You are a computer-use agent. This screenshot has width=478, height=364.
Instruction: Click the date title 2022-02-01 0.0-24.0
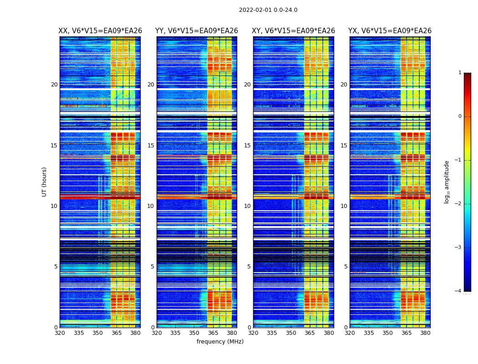[268, 10]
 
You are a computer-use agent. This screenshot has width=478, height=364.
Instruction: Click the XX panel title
[100, 31]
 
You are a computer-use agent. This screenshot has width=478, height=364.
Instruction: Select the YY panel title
[197, 31]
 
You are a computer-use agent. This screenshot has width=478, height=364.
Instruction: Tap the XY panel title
[294, 31]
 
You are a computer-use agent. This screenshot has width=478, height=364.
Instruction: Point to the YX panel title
[390, 31]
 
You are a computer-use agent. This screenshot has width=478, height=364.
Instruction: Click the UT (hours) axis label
[45, 182]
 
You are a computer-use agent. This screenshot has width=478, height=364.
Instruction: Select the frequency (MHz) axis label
[220, 342]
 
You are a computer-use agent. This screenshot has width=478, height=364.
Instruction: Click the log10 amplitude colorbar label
[447, 182]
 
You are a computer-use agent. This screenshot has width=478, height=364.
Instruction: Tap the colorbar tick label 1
[460, 73]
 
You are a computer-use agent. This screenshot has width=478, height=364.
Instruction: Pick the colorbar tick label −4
[458, 291]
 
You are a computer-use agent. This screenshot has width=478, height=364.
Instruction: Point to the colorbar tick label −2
[458, 204]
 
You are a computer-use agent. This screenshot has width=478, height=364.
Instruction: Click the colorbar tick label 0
[460, 116]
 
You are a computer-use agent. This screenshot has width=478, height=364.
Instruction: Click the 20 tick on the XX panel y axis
[54, 85]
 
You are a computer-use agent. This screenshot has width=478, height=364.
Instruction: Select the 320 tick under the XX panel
[60, 333]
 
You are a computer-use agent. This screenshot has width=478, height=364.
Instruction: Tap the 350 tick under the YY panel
[194, 333]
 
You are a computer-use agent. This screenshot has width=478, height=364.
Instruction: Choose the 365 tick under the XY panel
[310, 333]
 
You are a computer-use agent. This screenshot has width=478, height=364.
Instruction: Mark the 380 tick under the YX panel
[425, 333]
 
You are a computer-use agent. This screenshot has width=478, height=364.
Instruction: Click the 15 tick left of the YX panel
[344, 146]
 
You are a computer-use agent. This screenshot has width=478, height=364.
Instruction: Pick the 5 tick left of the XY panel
[249, 267]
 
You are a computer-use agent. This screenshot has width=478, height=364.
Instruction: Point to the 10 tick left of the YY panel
[151, 206]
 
